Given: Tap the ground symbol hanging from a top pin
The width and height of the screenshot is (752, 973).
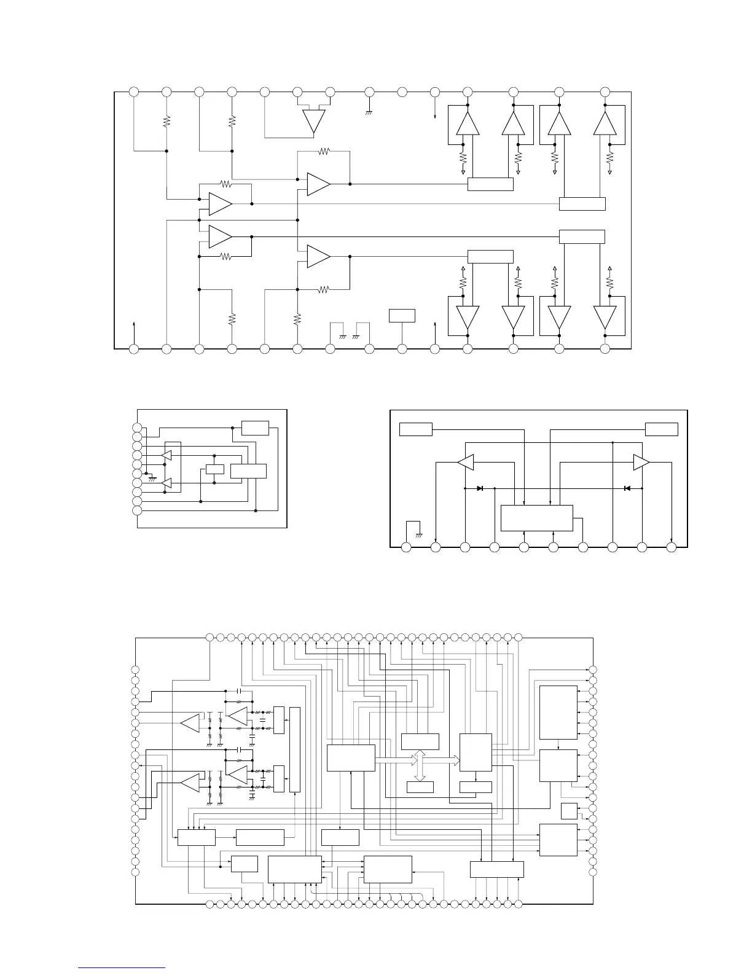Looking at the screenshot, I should [369, 112].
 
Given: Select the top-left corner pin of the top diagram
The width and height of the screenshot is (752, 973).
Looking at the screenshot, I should [134, 92].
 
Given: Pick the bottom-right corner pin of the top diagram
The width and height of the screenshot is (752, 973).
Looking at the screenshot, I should [605, 349].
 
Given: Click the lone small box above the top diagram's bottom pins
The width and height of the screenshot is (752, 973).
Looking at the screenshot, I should [402, 316].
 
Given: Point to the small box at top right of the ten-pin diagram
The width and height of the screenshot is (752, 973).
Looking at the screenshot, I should [255, 428].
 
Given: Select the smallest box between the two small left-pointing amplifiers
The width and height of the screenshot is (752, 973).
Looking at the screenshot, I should [214, 469].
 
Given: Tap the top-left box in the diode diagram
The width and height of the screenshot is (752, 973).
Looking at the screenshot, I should [416, 429].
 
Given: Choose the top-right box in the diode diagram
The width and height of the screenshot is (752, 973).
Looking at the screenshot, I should [662, 429].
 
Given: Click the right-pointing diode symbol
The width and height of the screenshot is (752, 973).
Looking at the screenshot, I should [480, 488].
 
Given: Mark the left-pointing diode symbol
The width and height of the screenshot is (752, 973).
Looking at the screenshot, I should [627, 488].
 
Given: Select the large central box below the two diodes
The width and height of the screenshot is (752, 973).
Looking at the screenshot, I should [537, 518].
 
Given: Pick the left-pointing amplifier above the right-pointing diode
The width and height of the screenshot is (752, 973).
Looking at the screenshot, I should [465, 463].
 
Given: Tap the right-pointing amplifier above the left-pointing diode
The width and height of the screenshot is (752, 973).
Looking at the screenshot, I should [641, 463].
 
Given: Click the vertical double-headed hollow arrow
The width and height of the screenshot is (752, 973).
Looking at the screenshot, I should [420, 765].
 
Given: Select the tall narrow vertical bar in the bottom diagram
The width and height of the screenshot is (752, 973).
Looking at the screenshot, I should [296, 749].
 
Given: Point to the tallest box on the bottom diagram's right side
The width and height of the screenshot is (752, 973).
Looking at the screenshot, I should [558, 713].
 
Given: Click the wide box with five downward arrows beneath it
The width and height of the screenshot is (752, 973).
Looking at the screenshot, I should [497, 869].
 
